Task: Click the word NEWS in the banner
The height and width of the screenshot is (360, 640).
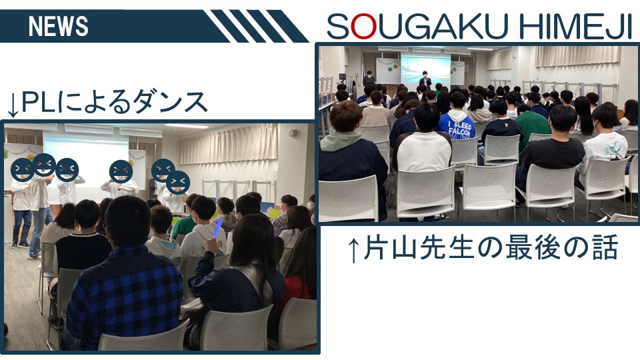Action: click(x=59, y=27)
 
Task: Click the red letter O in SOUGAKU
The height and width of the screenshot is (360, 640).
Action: click(x=364, y=27)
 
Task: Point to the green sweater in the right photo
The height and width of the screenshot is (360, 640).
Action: click(x=532, y=124)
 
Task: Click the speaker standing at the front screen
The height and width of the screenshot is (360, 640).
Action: click(x=425, y=81)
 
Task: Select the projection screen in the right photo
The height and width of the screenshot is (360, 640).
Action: click(x=425, y=70)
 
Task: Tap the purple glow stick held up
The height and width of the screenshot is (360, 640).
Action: click(x=217, y=229)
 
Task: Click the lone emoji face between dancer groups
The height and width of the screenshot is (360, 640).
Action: click(x=121, y=171)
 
